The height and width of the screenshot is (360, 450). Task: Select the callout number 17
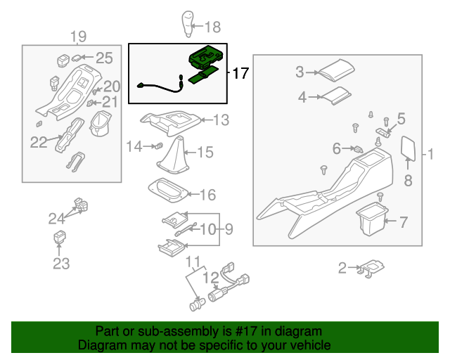tap(240, 73)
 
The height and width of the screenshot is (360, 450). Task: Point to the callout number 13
tap(221, 121)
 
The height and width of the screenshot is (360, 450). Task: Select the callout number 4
tap(302, 97)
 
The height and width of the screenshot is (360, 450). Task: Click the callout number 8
tap(408, 181)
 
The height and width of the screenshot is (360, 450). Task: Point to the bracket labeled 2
tap(371, 267)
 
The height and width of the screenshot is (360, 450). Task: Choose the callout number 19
tap(79, 37)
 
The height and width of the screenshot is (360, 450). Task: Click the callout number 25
tap(104, 58)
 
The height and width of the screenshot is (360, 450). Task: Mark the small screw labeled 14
tap(158, 146)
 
